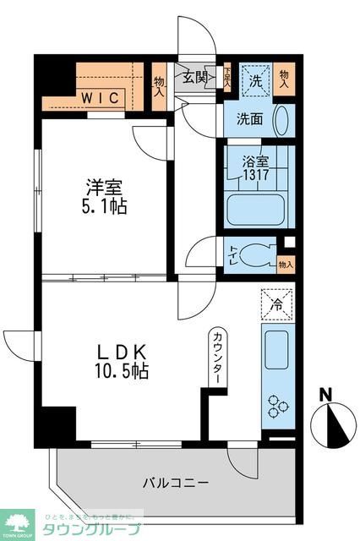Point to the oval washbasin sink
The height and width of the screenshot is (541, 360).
tap(282, 120)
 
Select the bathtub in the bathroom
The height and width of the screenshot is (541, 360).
tap(255, 208)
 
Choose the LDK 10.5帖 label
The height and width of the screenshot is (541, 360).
tap(122, 360)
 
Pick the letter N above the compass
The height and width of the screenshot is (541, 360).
tap(326, 393)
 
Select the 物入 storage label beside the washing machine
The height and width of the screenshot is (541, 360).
tap(284, 79)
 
